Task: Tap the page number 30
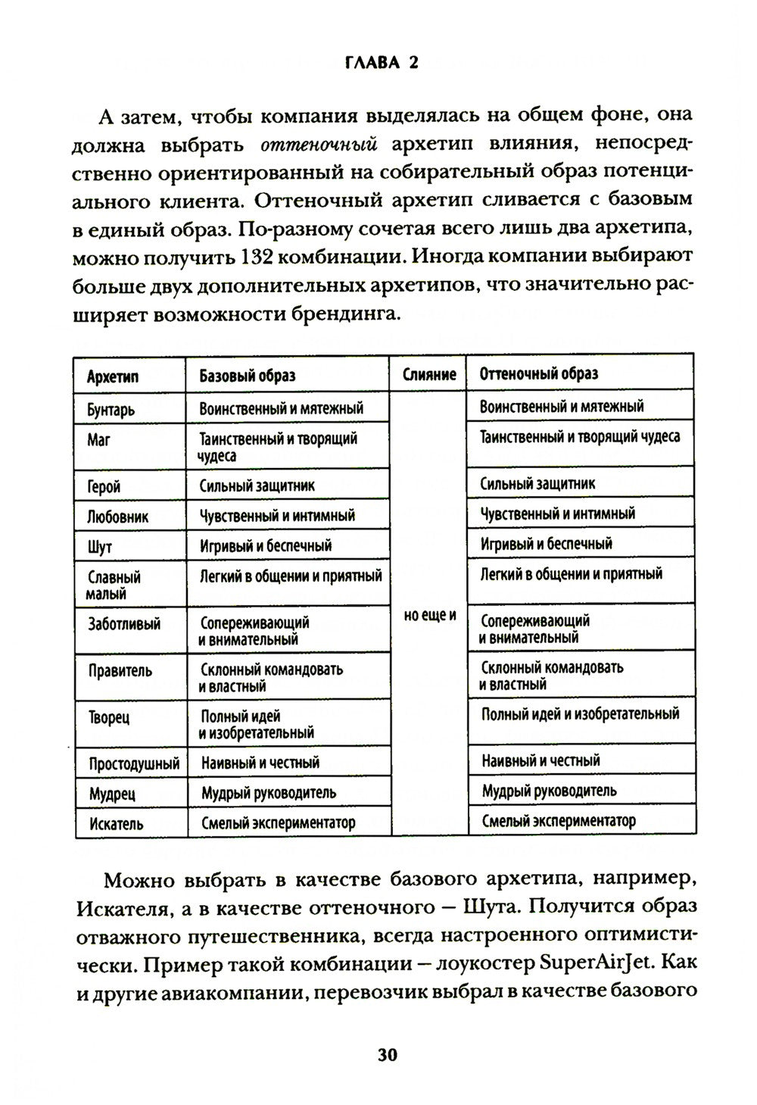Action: coord(387,1055)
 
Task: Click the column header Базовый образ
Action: coord(247,376)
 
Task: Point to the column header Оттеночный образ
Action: coord(538,373)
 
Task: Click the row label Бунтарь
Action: coord(111,409)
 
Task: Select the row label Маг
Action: coord(98,439)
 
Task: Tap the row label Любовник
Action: coord(118,517)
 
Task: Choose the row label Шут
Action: coord(100,547)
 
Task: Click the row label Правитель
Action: coord(120,671)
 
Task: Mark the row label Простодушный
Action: coord(134,763)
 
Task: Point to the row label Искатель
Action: coord(116,824)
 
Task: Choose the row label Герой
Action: coord(104,487)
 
